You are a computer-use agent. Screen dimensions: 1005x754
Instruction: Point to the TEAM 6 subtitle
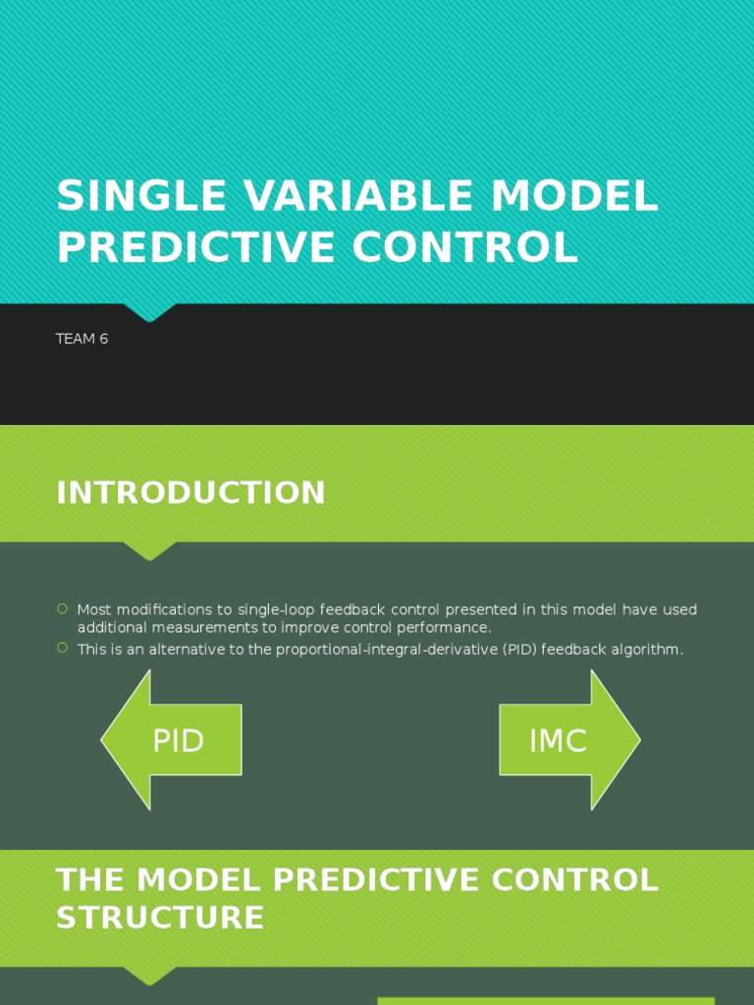point(82,339)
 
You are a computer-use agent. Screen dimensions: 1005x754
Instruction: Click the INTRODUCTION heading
point(190,493)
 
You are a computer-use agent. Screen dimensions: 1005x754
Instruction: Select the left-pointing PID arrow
point(172,740)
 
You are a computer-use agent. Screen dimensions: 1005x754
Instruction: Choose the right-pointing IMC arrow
point(569,740)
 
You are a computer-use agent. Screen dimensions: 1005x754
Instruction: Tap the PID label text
point(179,741)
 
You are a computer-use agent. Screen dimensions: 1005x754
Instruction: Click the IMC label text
point(558,741)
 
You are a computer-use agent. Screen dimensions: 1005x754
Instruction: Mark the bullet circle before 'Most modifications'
point(63,609)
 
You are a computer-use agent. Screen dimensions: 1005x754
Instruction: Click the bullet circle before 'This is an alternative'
point(63,648)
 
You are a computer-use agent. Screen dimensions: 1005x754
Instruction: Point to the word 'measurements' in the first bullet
point(202,627)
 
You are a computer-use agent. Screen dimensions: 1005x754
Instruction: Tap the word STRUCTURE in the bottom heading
point(160,918)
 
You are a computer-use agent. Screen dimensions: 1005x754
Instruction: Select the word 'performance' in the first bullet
point(444,627)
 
